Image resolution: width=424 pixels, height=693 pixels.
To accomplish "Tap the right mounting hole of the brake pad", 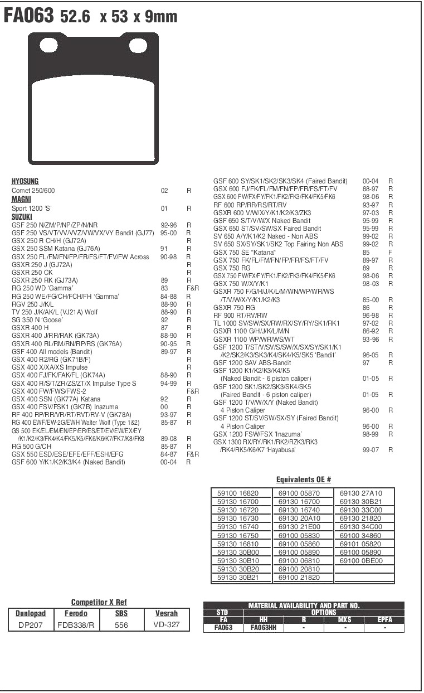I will pyautogui.click(x=138, y=45).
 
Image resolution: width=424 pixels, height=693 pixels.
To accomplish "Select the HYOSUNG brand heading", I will pyautogui.click(x=25, y=182).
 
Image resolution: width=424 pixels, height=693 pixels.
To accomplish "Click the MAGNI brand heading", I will pyautogui.click(x=21, y=199).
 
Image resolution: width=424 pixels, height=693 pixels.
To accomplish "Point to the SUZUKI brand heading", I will pyautogui.click(x=22, y=216).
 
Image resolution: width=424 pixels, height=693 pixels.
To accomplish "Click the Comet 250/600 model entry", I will pyautogui.click(x=33, y=191).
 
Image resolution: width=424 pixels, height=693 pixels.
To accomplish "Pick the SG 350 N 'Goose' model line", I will pyautogui.click(x=37, y=320).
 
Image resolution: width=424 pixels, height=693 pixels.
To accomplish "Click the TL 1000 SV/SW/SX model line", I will pyautogui.click(x=276, y=323).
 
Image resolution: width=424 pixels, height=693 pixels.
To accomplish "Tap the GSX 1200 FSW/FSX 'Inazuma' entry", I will pyautogui.click(x=257, y=434).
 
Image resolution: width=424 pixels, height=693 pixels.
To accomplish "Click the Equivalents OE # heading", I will pyautogui.click(x=304, y=479).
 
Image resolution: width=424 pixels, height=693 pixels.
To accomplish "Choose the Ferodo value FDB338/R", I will pyautogui.click(x=76, y=625).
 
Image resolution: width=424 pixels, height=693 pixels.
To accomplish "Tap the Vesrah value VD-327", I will pyautogui.click(x=166, y=625).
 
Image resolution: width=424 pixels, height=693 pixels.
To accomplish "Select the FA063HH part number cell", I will pyautogui.click(x=264, y=628).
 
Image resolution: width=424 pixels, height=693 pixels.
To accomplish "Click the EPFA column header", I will pyautogui.click(x=384, y=620).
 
